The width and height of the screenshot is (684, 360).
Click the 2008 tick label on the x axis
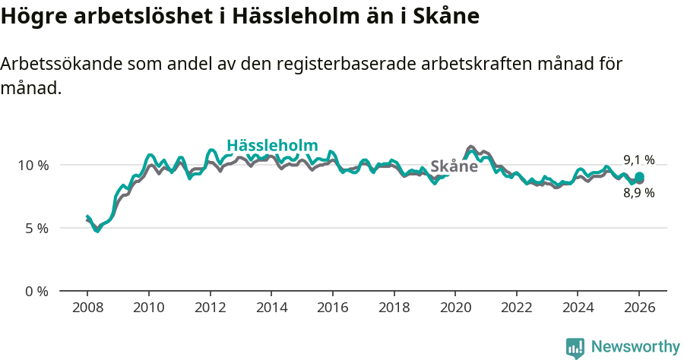[87, 309]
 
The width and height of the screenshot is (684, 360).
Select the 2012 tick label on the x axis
[210, 309]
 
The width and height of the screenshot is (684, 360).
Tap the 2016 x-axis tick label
[333, 309]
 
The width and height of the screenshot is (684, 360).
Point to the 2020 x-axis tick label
[455, 309]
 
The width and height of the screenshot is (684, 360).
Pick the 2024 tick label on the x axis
[578, 309]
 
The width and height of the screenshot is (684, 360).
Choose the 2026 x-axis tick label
[639, 309]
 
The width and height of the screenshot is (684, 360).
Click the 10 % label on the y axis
[33, 165]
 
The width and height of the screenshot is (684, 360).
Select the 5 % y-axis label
[36, 228]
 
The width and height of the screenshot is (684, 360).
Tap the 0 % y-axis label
[36, 291]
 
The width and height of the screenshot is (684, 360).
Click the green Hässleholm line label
[272, 146]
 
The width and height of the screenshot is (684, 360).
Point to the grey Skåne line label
[454, 166]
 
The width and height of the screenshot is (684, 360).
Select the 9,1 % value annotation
[638, 159]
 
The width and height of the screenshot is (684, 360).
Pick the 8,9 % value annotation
[638, 193]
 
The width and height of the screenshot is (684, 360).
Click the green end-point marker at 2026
[639, 177]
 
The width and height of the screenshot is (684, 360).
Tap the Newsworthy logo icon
[575, 347]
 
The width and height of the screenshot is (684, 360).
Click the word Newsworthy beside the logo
[635, 347]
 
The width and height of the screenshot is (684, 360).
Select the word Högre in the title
[29, 17]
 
